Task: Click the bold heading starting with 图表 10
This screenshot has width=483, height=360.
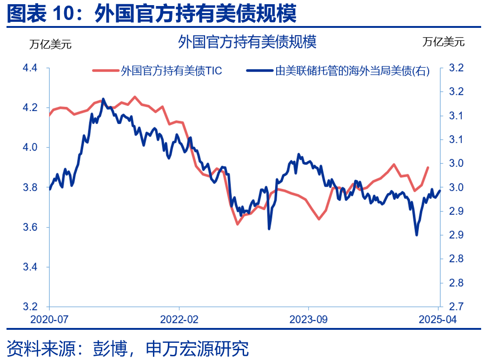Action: tap(152, 14)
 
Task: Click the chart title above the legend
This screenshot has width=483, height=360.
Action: tap(247, 42)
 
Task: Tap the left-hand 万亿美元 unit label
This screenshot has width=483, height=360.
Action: tap(51, 45)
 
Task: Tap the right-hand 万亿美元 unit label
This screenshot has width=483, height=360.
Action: tap(443, 42)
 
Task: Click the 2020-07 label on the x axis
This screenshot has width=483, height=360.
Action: tap(49, 320)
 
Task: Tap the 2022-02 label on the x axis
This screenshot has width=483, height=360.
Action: tap(179, 320)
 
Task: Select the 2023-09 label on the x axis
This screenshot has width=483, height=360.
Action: tap(308, 320)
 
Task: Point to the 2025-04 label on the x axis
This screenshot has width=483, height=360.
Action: tap(437, 320)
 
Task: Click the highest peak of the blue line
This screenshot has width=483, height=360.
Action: tap(103, 99)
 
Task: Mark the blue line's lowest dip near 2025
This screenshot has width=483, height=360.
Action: tap(416, 235)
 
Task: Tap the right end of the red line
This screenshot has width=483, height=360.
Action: tap(428, 167)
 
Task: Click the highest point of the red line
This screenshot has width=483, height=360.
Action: tap(135, 97)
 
